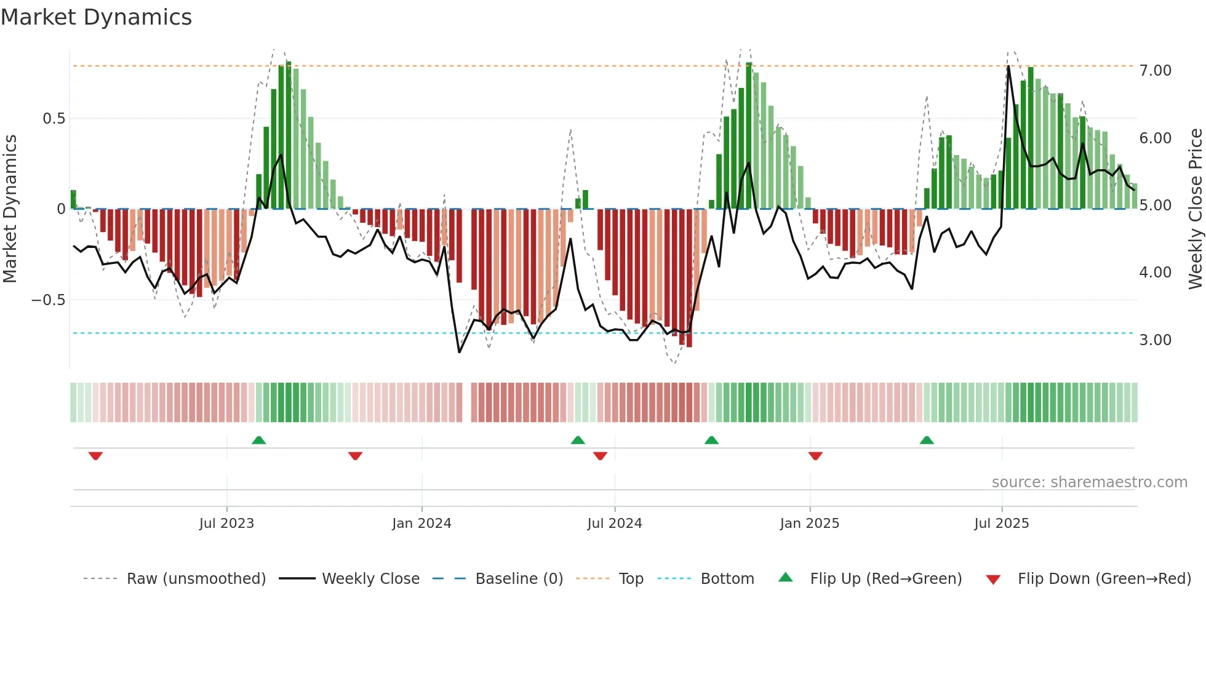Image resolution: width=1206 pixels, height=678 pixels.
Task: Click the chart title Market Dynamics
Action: pos(96,17)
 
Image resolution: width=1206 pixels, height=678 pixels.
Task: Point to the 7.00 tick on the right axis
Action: pos(1155,71)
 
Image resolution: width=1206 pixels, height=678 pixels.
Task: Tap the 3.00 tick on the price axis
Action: pos(1155,340)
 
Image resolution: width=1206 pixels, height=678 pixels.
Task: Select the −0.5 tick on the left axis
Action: pos(48,300)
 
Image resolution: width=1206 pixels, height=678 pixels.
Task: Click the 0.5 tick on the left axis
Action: pos(54,119)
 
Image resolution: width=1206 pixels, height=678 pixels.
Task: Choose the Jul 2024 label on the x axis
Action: pos(614,524)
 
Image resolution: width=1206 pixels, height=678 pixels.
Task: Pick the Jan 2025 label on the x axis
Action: pos(809,524)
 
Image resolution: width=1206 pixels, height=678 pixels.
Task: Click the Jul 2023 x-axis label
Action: pos(226,524)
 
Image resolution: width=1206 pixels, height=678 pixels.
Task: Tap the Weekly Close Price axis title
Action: pos(1195,209)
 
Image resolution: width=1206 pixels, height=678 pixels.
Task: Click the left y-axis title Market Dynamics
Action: pos(10,209)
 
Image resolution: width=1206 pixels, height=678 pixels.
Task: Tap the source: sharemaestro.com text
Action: pos(1089,482)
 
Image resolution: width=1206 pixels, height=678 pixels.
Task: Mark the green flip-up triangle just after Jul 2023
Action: pos(258,440)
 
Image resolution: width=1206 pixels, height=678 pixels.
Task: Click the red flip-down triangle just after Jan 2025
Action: pos(815,456)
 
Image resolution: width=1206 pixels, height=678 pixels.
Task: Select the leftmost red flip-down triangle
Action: pos(95,456)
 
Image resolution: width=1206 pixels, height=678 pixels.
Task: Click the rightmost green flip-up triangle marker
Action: pos(927,440)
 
